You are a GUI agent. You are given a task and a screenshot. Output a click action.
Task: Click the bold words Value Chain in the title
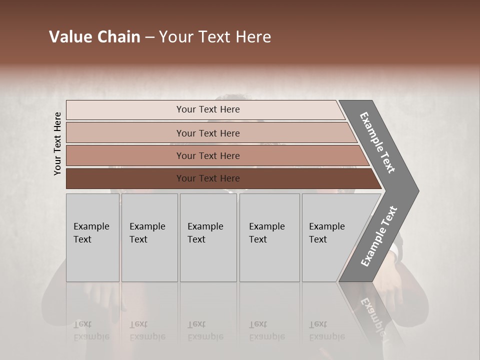(x=94, y=37)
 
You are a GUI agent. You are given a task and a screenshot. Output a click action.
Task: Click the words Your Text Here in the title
(x=215, y=37)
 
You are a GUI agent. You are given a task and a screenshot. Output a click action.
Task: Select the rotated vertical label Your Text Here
(x=58, y=143)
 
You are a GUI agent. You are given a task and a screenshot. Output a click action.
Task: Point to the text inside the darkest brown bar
(x=208, y=178)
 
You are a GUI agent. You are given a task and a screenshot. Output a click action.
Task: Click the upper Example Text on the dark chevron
(x=377, y=142)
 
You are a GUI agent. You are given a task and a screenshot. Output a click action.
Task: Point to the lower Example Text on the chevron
(x=378, y=236)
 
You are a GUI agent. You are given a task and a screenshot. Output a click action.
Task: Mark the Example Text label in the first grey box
(x=91, y=233)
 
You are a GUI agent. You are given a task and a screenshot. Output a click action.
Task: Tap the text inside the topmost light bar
(x=208, y=109)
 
